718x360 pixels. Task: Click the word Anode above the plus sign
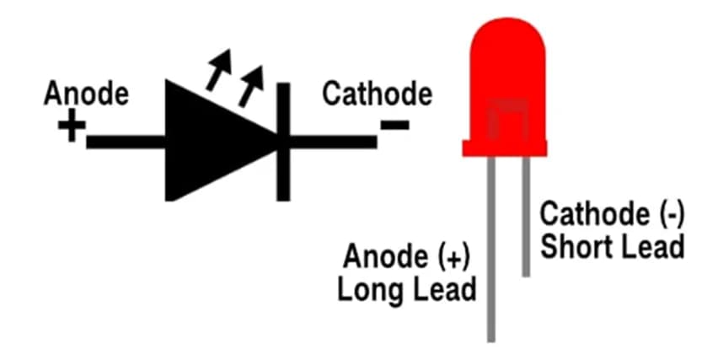tap(87, 94)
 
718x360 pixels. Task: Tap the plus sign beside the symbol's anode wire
tap(72, 129)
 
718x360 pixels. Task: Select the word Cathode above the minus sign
tap(377, 94)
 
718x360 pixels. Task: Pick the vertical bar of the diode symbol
tap(283, 141)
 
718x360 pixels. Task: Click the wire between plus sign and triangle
tap(126, 142)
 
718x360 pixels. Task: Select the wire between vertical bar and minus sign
tap(333, 142)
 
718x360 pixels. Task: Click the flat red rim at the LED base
tap(506, 150)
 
